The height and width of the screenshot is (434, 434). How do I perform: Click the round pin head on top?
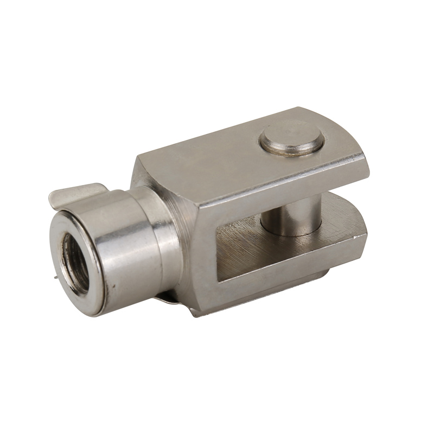coord(293,141)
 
